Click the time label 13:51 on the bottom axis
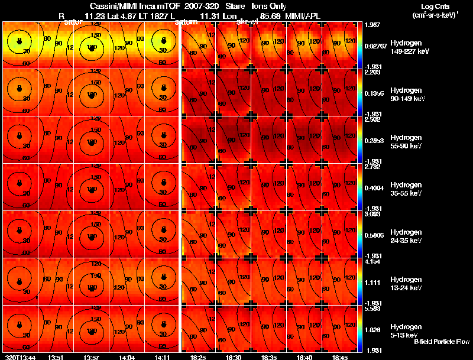(x=56, y=357)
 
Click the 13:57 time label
(x=92, y=357)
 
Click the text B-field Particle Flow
(x=442, y=342)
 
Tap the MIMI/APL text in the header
(x=306, y=15)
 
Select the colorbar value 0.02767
(x=377, y=46)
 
